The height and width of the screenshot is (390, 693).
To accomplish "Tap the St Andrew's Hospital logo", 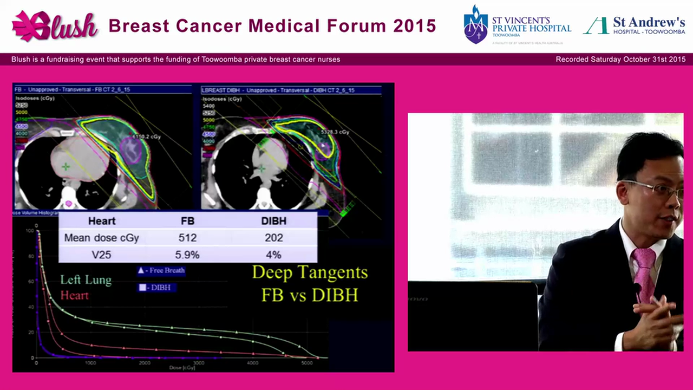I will coord(633,25).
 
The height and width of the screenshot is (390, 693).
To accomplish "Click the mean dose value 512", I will coord(187,238).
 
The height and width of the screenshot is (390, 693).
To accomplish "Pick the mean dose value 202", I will coord(273,238).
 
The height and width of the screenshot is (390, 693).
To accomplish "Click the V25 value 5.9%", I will coord(187,255).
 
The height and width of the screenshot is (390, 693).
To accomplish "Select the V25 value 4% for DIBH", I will coord(273,255).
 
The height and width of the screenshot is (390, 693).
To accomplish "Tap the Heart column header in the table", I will coord(102,221).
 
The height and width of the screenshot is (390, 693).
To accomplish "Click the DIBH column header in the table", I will coord(273,221).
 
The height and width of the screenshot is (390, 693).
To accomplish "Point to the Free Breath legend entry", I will coord(161,270).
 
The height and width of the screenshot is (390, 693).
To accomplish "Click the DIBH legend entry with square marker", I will coord(155,288).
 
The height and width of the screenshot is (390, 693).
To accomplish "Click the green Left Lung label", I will coord(86,280).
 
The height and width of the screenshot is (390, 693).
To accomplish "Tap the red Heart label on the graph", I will coord(74,295).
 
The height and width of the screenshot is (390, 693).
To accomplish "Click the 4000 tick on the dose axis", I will coord(252,363).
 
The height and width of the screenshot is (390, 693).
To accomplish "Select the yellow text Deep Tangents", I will coord(310,272).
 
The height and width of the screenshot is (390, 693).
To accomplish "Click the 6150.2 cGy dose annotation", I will coord(147,137).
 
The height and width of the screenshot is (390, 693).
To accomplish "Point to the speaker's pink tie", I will coord(644,271).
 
